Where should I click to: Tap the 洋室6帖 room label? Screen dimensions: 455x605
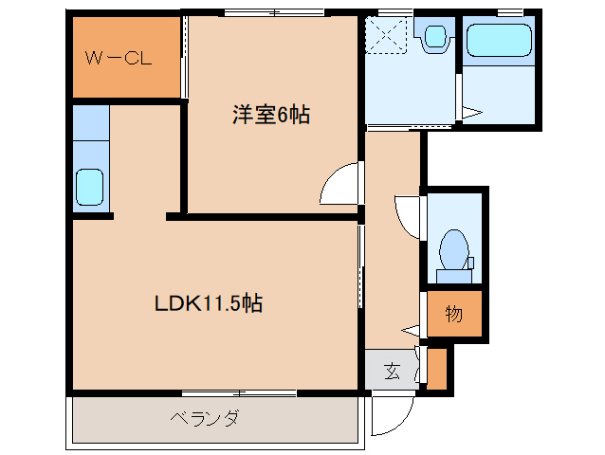[x=272, y=116]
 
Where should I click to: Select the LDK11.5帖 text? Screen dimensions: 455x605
[x=209, y=304]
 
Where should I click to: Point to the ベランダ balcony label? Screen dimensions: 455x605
[x=204, y=418]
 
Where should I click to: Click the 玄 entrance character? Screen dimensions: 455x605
[x=393, y=370]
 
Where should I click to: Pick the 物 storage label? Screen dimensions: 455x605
[x=454, y=314]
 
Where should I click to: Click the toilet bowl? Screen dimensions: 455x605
[x=454, y=248]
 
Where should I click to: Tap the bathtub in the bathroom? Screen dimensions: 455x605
[x=499, y=41]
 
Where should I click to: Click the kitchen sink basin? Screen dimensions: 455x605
[x=90, y=186]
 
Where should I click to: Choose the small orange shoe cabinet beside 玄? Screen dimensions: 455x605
[x=436, y=370]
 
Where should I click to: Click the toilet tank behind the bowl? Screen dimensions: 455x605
[x=454, y=276]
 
